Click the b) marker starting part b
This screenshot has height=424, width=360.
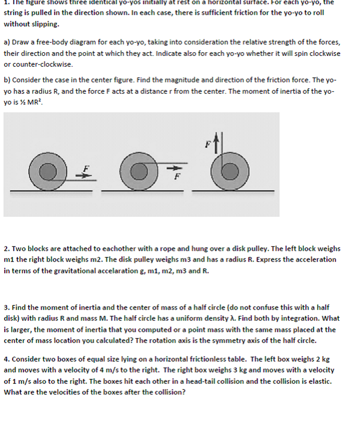(7, 80)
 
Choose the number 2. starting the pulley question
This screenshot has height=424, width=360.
(7, 249)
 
